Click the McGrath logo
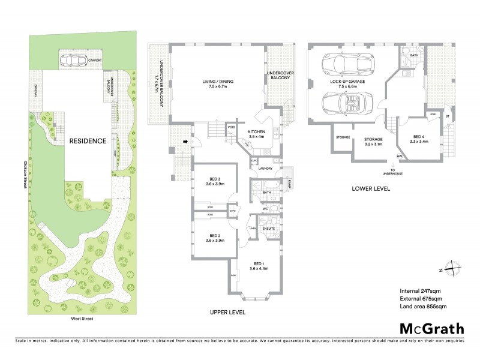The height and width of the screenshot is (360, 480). point(431,328)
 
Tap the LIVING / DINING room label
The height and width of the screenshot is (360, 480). point(217,82)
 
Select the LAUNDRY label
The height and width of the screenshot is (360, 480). point(266,168)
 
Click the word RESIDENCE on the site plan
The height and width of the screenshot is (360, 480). point(87,142)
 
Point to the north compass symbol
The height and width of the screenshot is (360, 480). point(454,270)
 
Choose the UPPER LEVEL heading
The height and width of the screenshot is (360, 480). point(227,313)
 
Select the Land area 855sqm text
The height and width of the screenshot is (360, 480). point(424,307)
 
